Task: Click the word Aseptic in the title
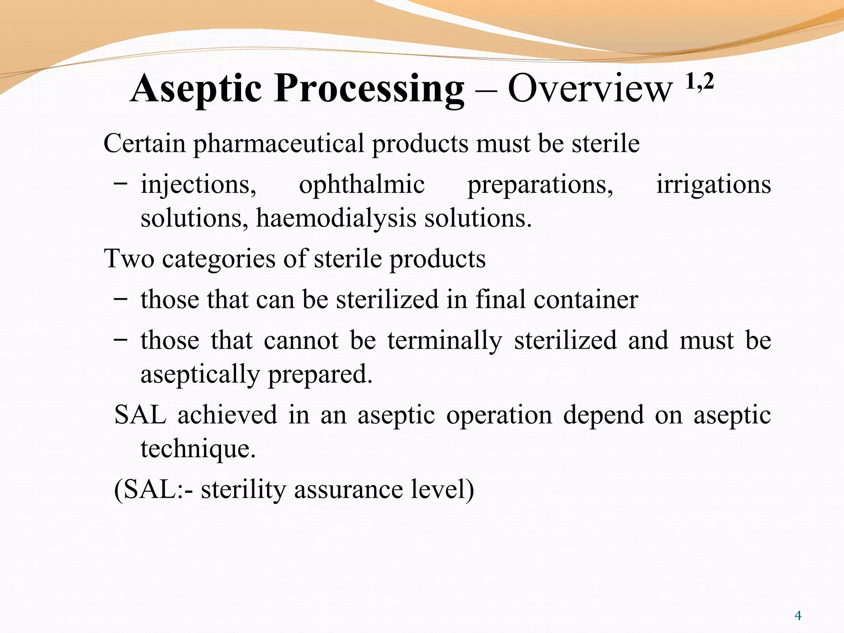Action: coord(196,89)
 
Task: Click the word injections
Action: coord(198,185)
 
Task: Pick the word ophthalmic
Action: coord(361,185)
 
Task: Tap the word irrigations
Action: coord(713,185)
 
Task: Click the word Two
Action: coord(129,259)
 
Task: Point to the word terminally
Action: coord(445,341)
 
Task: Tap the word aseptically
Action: coord(200,374)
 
